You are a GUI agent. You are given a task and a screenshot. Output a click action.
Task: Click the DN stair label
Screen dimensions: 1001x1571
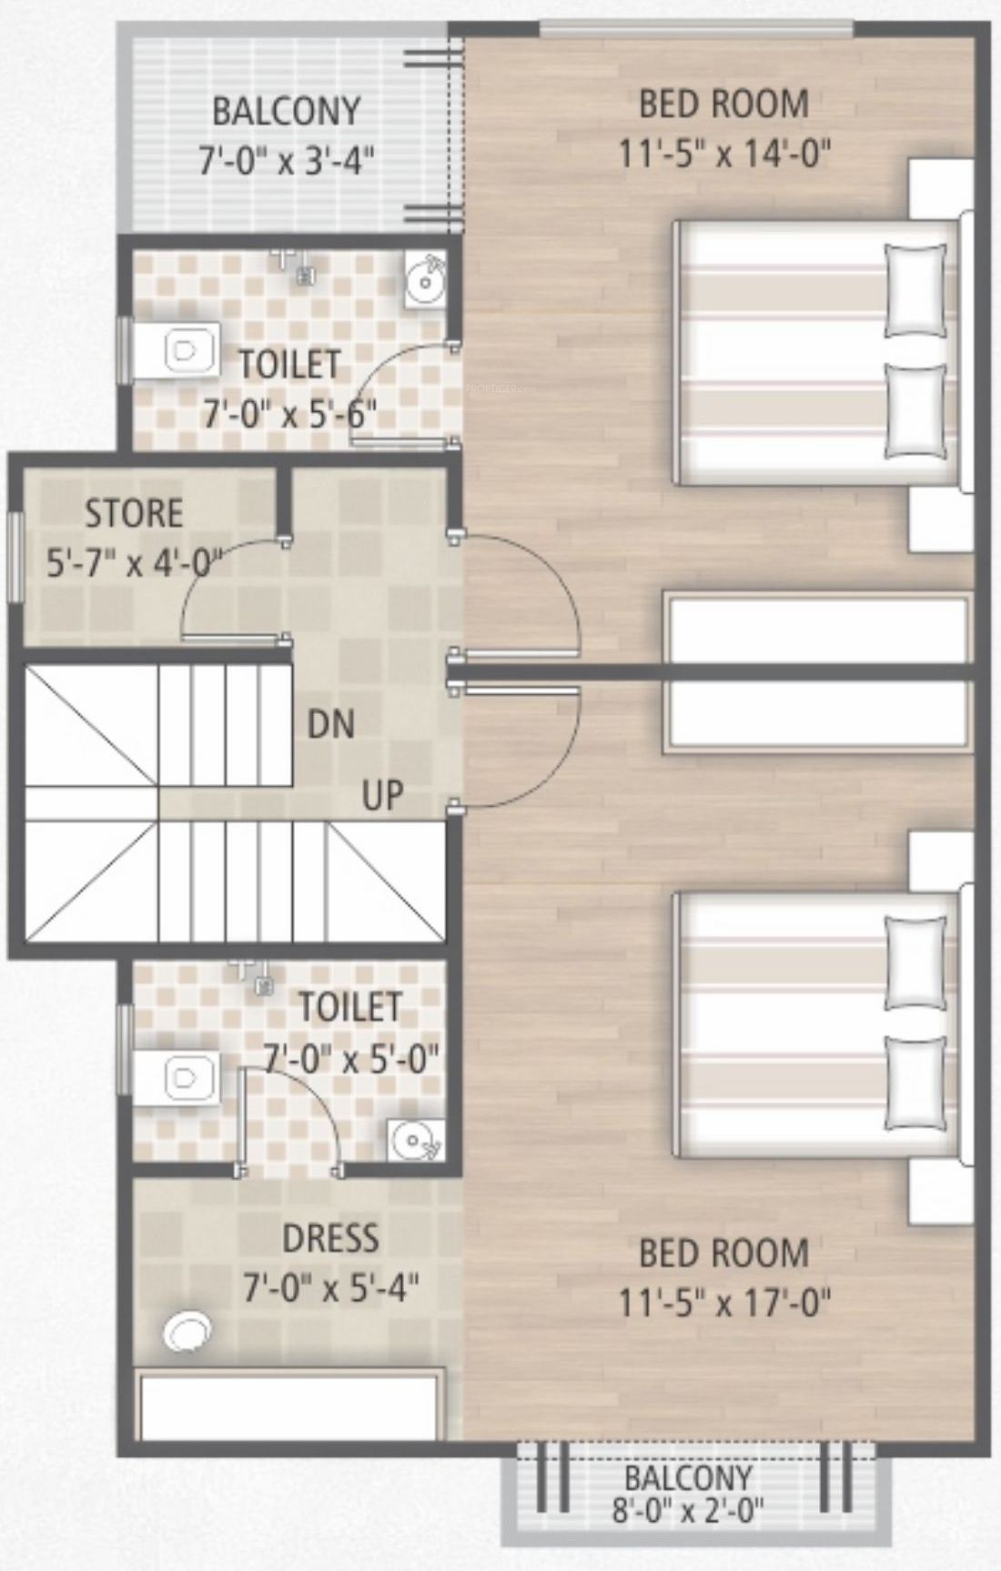[x=330, y=724]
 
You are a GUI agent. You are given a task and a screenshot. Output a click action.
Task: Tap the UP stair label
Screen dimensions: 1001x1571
[x=382, y=795]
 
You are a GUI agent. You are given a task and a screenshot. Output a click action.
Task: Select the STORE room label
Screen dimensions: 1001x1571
[x=134, y=514]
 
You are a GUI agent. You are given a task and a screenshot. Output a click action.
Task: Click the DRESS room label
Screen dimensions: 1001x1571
[x=330, y=1239]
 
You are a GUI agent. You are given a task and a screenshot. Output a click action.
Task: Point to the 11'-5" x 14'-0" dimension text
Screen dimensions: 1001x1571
[x=724, y=154]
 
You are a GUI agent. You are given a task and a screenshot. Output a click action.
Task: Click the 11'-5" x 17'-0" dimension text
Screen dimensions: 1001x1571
[x=724, y=1304]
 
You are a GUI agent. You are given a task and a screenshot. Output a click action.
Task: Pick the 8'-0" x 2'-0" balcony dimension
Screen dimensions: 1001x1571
[x=688, y=1512]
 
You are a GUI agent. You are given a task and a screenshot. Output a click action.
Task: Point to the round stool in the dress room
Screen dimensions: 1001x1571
[x=188, y=1332]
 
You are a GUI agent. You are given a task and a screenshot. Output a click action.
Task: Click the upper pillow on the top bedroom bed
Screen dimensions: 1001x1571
[x=916, y=289]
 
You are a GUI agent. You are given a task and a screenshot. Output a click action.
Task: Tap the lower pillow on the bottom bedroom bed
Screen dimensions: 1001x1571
[x=916, y=1083]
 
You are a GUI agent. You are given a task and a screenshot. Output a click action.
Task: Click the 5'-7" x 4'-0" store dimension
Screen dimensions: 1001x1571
[x=134, y=565]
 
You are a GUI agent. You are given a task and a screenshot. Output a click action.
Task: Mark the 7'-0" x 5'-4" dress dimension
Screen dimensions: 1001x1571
[x=330, y=1288]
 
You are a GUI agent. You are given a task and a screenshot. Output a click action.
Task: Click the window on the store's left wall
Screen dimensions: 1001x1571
[x=15, y=556]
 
